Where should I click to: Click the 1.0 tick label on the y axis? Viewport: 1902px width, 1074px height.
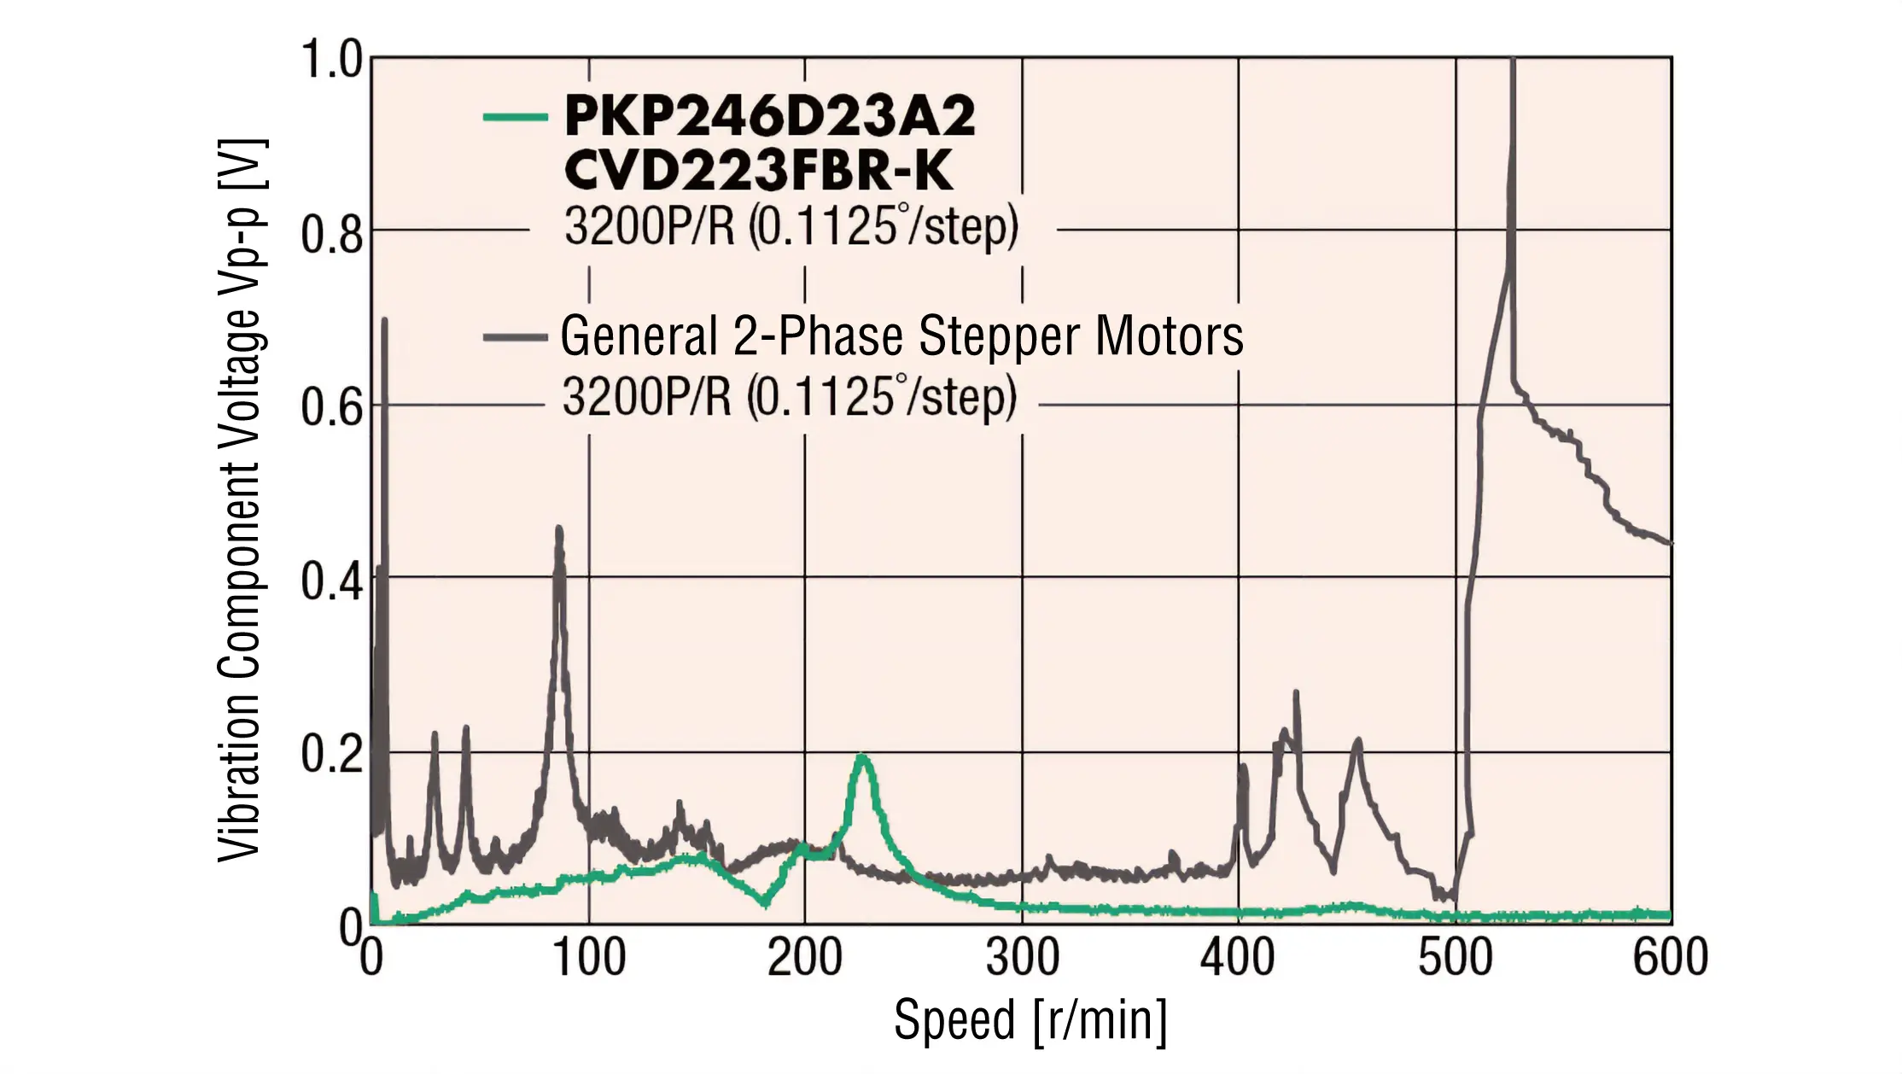(332, 60)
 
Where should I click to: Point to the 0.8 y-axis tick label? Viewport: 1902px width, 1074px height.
(332, 234)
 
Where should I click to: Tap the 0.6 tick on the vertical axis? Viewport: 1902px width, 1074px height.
(332, 407)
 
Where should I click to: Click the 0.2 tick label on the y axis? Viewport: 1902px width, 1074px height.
(332, 755)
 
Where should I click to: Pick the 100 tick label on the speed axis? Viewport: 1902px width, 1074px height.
(589, 958)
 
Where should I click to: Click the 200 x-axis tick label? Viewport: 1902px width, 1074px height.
(805, 958)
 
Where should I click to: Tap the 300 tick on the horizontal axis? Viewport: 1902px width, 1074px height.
(1023, 958)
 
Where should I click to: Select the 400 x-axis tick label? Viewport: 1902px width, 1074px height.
(1238, 958)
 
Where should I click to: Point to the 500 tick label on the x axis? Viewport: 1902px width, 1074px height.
(1456, 958)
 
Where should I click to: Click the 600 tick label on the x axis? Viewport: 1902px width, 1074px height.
(1671, 958)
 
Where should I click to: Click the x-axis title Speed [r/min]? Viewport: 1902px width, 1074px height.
(1030, 1020)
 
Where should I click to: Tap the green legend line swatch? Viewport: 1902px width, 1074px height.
(515, 117)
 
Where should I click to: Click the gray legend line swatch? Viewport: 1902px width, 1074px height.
(515, 338)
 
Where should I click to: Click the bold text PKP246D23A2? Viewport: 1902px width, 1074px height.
(769, 116)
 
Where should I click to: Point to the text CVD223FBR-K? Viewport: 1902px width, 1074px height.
(758, 171)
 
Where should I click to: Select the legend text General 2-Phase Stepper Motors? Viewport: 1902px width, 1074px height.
(901, 336)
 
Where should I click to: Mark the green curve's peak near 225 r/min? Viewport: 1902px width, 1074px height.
(863, 756)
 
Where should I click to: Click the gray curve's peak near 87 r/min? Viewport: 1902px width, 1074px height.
(559, 529)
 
